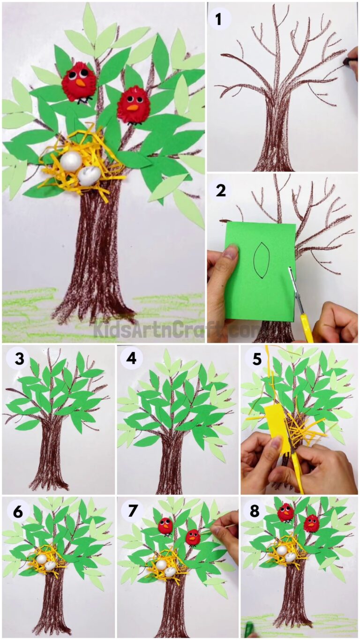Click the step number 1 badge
[x=218, y=19]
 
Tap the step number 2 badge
[x=218, y=191]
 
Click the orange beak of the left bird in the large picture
[x=81, y=83]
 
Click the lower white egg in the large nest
[x=89, y=176]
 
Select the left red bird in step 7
[x=165, y=526]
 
